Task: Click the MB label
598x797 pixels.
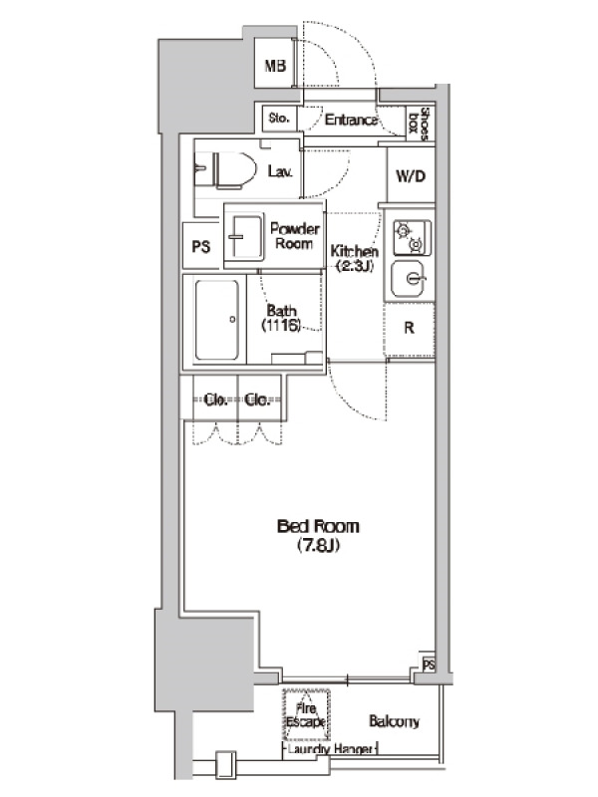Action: [276, 66]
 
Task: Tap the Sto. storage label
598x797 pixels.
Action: [279, 119]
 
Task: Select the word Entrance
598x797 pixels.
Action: [351, 120]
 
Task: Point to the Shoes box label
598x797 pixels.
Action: [420, 123]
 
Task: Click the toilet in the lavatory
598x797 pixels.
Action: [226, 169]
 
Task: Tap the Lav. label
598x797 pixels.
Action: [280, 171]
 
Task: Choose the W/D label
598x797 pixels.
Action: [411, 176]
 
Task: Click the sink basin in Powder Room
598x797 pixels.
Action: [244, 238]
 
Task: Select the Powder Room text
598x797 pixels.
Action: [294, 236]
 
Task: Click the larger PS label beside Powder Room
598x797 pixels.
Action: [201, 246]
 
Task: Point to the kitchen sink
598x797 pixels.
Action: [408, 279]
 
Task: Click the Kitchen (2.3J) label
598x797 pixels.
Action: [355, 258]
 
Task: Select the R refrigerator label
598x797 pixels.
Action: [410, 328]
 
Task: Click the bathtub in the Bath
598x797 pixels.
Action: [217, 320]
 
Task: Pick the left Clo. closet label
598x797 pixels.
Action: [215, 400]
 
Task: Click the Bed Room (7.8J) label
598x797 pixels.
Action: [318, 535]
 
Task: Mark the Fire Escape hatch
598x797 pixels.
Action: [306, 714]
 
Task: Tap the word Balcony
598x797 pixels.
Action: [394, 721]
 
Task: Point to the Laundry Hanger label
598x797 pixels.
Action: [330, 749]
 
